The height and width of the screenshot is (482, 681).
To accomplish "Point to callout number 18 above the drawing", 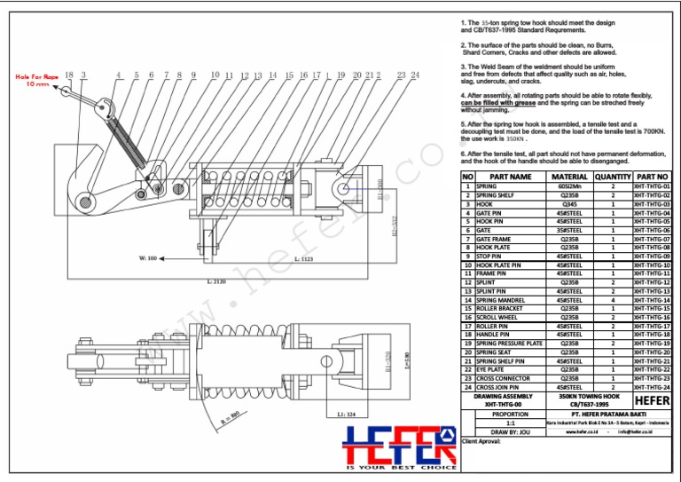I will click(69, 75).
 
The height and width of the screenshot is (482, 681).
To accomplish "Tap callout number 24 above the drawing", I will click(415, 75).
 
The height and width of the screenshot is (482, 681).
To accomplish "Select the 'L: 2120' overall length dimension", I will click(217, 281).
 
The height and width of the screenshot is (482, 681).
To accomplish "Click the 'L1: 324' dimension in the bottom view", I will click(347, 415).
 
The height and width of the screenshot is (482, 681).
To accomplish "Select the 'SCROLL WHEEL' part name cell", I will click(497, 317).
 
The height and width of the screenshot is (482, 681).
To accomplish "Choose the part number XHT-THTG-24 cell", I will click(652, 387).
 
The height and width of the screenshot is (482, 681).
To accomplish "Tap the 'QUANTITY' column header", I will click(612, 177).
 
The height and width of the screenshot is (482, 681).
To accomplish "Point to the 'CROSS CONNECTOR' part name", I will click(503, 378).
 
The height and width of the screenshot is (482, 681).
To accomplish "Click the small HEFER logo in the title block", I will click(653, 399).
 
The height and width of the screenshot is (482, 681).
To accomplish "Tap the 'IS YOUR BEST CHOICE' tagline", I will click(401, 467).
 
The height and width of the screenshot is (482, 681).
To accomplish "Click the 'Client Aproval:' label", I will click(482, 440).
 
